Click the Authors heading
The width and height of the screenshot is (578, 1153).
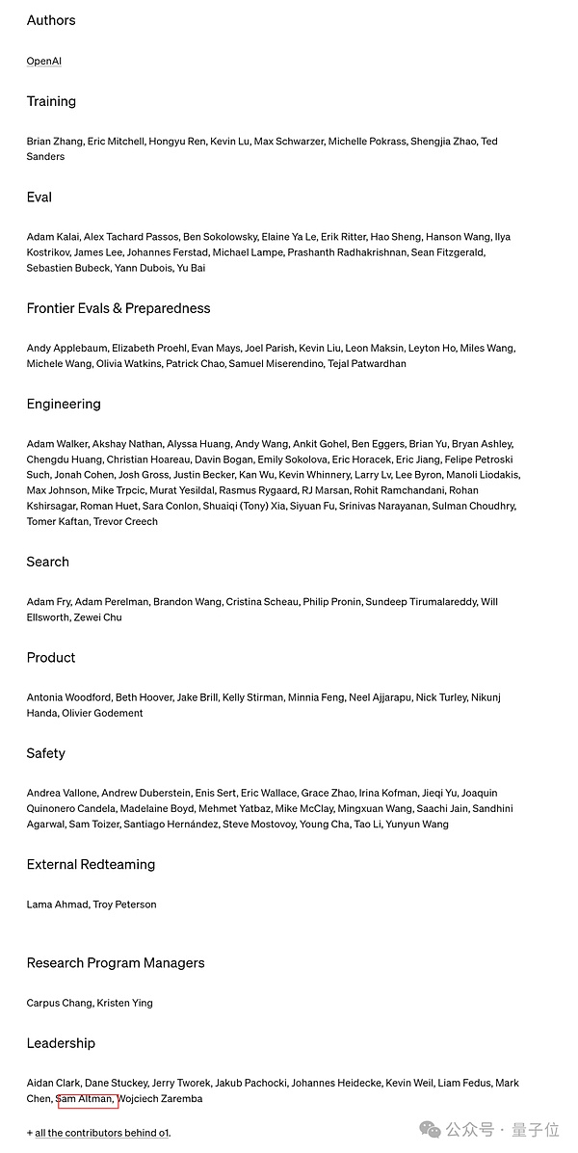point(51,20)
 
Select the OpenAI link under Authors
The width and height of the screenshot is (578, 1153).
point(44,61)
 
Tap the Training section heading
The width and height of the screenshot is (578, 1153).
point(51,101)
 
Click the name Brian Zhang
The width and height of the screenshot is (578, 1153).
point(54,141)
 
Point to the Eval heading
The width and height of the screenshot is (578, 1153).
point(39,197)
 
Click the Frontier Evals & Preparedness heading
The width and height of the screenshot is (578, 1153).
point(118,308)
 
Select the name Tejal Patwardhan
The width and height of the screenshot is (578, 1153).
point(368,363)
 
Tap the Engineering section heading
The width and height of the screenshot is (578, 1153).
point(64,404)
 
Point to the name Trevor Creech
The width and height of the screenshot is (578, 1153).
point(125,521)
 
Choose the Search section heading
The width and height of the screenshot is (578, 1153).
point(48,562)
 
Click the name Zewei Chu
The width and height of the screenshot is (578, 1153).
point(98,617)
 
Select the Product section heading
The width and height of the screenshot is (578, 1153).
point(51,657)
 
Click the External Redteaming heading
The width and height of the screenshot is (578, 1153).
point(91,864)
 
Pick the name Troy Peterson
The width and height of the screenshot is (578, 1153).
point(124,904)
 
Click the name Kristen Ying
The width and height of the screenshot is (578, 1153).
point(124,1003)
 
